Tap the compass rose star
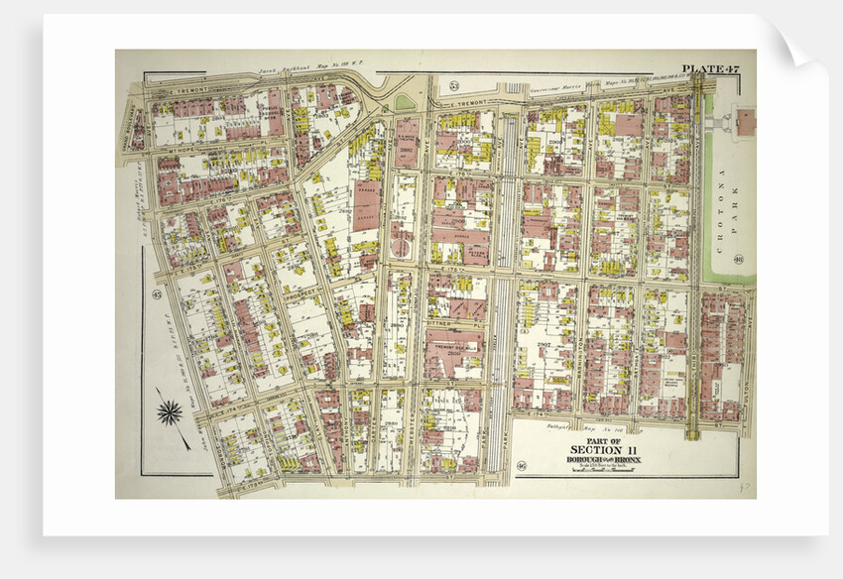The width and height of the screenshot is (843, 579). pos(171,410)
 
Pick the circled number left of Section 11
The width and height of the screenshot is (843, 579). pos(521,465)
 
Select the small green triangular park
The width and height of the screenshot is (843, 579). pos(405,102)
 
